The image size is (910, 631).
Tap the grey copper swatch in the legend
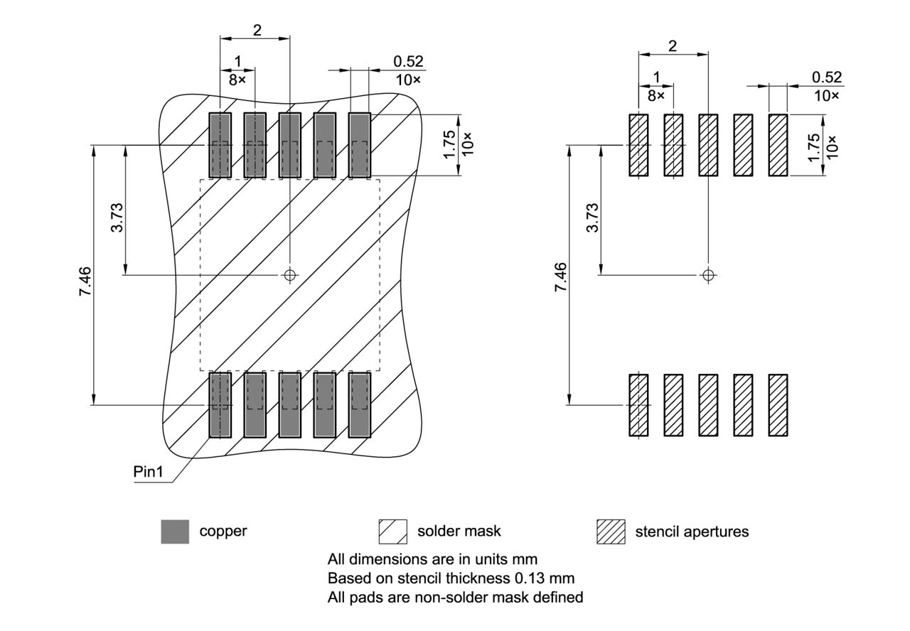pos(175,532)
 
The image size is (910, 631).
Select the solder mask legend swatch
pos(392,532)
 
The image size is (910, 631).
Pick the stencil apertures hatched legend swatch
pos(611,532)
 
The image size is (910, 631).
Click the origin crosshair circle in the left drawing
pos(289,274)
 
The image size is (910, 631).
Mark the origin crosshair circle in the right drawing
pos(707,274)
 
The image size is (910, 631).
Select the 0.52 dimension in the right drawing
pos(825,77)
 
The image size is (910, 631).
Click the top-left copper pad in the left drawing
pos(220,145)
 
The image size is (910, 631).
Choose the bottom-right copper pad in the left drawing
pos(360,405)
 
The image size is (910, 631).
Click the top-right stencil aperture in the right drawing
pos(778,145)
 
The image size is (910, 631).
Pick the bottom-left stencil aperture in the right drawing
pos(638,405)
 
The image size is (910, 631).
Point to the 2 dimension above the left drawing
pos(257,30)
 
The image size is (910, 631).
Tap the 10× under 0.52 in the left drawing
pos(408,80)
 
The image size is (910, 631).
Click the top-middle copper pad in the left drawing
pos(289,145)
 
